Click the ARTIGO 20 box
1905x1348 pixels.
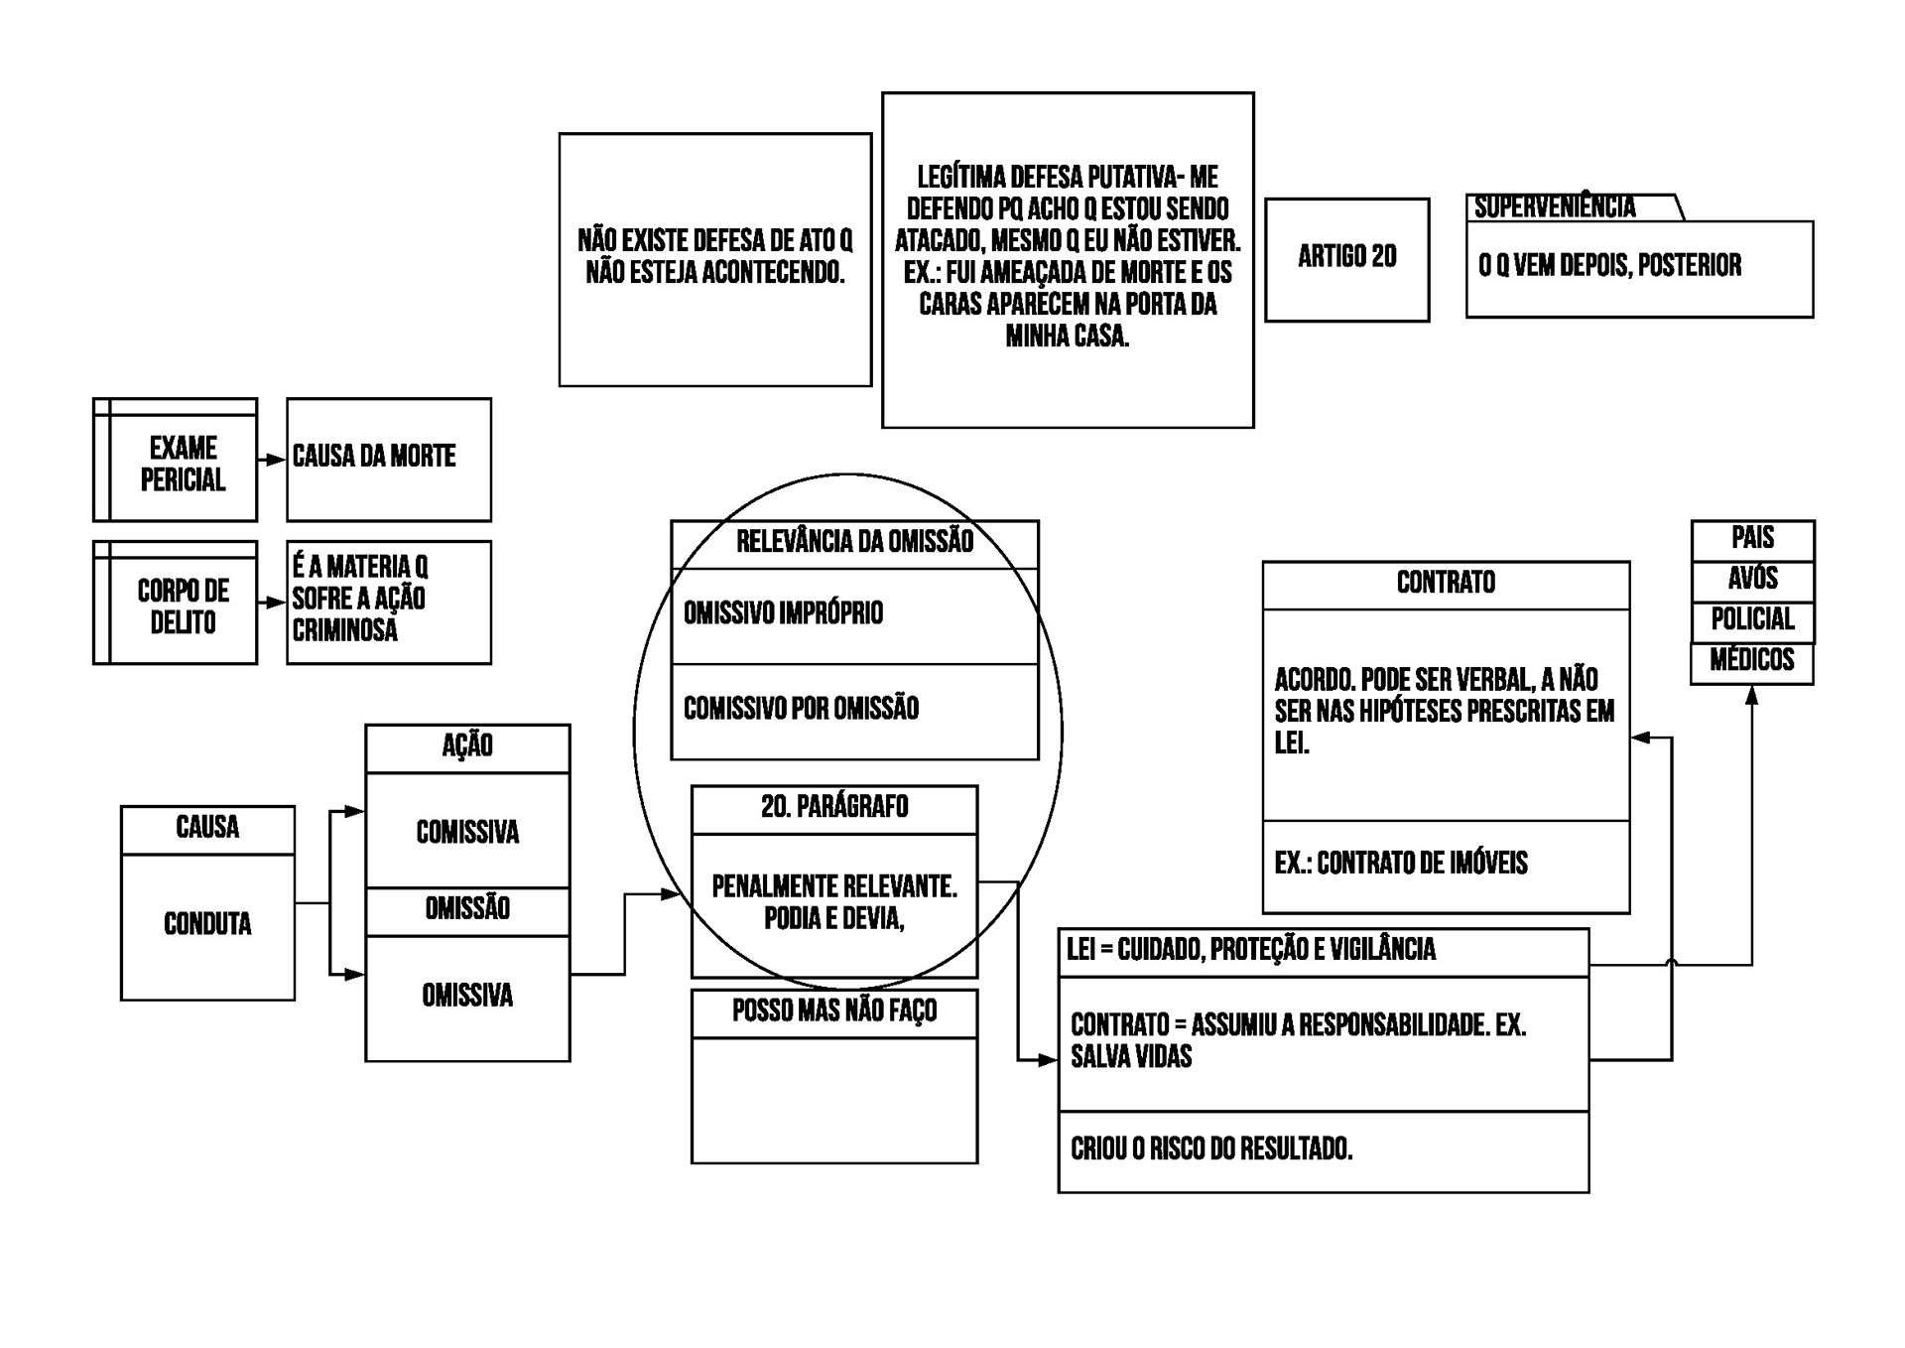pos(1346,258)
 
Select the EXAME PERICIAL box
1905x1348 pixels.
pos(183,464)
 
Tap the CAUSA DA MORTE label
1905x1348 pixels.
pos(374,457)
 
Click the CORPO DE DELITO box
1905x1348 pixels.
pos(183,607)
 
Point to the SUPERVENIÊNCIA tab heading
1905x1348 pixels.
pos(1554,207)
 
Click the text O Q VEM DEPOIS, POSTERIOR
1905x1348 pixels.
pos(1609,266)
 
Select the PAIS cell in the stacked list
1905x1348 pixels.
pos(1752,538)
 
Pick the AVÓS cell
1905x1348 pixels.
pos(1752,579)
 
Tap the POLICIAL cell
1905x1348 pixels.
pos(1752,619)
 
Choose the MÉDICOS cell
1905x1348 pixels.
pos(1752,660)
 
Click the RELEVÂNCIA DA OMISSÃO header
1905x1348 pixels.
pos(854,542)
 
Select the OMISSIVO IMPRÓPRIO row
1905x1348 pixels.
pos(783,613)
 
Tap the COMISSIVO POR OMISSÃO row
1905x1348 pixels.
pos(801,709)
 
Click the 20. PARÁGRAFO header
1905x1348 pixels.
pos(834,807)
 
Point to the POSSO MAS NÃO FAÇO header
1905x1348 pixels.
pos(834,1011)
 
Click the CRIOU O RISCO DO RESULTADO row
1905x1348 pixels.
pos(1211,1149)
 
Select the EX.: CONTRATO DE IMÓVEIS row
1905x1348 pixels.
pos(1401,864)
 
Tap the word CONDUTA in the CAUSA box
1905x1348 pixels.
pos(207,924)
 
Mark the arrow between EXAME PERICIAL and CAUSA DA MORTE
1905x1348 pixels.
pos(272,461)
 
